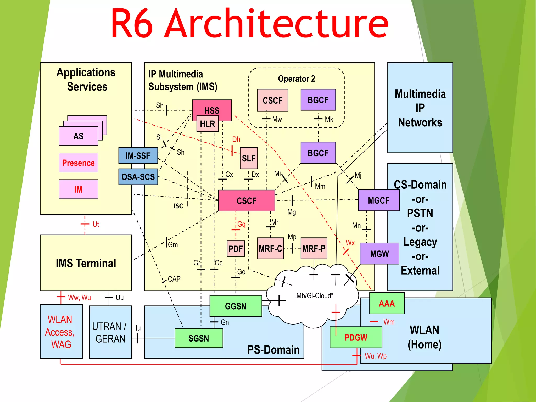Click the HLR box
207,124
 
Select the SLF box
249,158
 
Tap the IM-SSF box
138,156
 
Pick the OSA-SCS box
138,177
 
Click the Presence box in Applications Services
78,163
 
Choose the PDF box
236,249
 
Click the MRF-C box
270,248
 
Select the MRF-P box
314,248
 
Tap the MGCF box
378,200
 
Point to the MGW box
379,254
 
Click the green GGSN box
236,306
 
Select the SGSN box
199,338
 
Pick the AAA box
387,303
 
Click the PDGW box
356,337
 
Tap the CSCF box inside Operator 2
272,100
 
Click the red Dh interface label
236,139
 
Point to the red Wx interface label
350,243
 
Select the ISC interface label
178,206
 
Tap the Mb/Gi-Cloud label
314,296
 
